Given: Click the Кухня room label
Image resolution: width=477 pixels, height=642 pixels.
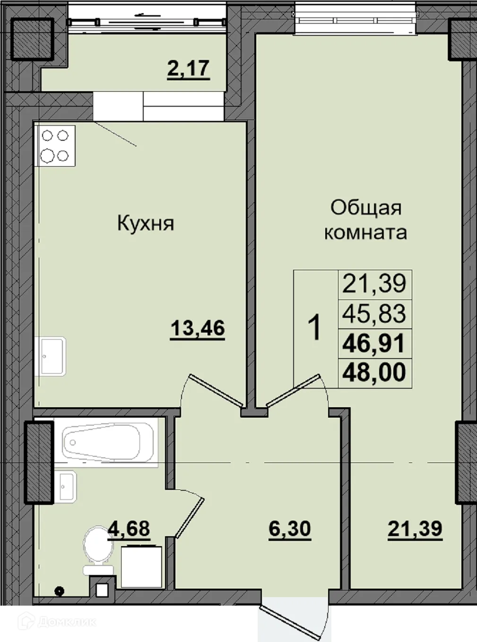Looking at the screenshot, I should tap(146, 223).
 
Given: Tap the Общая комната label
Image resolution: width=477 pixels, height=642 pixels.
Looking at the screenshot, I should tap(365, 220).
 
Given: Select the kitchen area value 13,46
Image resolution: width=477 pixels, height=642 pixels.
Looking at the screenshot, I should tap(197, 328).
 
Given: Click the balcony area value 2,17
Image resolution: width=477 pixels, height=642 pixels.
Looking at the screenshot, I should tap(188, 68).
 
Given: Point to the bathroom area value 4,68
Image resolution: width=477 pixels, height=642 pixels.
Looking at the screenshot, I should tap(129, 528).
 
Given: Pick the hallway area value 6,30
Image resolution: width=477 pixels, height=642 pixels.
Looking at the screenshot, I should tap(289, 529).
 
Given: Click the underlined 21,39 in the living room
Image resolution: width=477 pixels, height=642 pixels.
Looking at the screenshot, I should tap(415, 529).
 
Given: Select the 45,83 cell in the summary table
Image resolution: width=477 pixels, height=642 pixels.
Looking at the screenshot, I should tap(374, 314).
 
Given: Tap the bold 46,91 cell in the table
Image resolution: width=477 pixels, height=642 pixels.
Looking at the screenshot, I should tap(374, 343).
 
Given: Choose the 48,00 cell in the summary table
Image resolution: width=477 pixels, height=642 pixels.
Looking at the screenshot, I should tap(374, 372).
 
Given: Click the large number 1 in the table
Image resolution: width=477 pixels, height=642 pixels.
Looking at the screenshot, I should tap(314, 328).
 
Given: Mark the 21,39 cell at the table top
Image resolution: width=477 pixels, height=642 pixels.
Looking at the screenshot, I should tap(374, 284).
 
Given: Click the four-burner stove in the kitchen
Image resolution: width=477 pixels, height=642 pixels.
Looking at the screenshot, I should tap(55, 146).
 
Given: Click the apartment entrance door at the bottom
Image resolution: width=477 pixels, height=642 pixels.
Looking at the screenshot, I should tap(293, 614).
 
